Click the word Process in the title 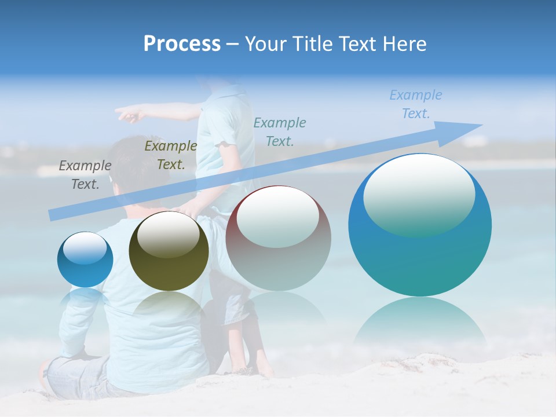point(182,44)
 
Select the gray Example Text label point(85,174)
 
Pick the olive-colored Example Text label point(170,155)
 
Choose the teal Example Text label point(280,131)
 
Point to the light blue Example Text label point(415,104)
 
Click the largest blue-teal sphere point(420,255)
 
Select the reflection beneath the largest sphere point(420,324)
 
